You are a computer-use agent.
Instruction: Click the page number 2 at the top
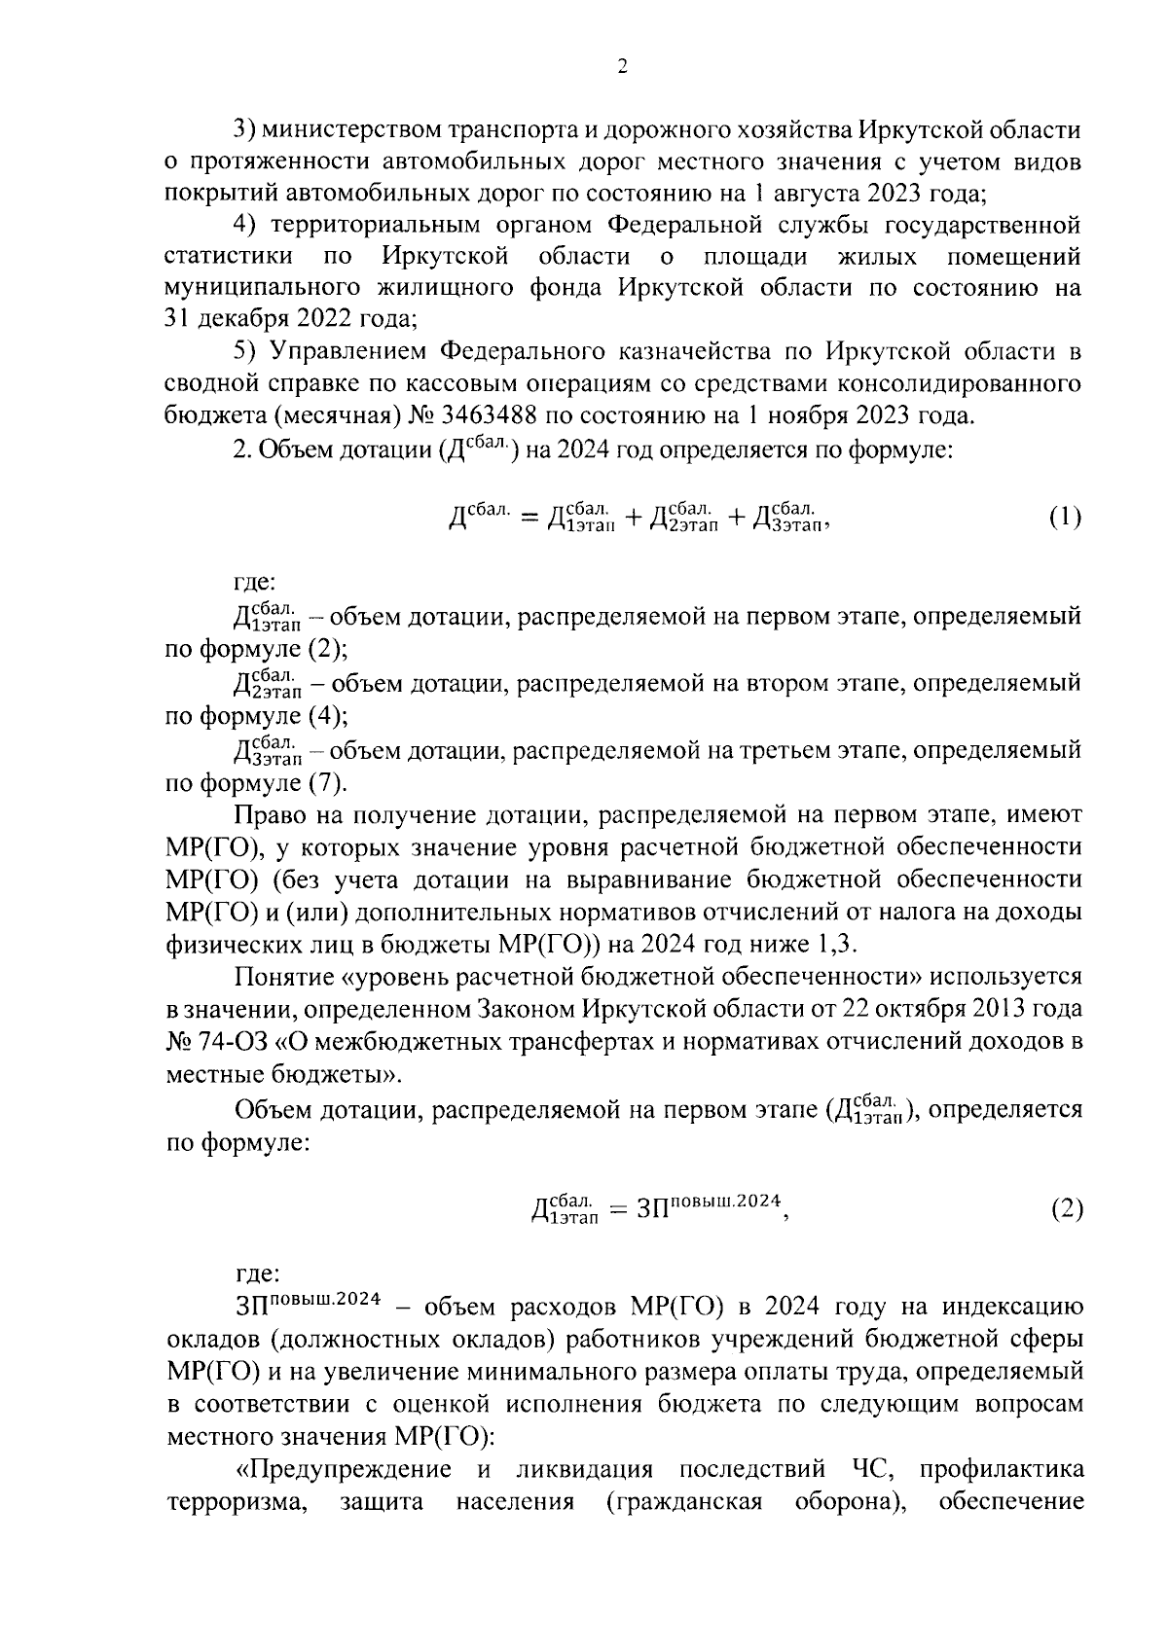[622, 67]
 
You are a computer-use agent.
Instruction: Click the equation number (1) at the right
[1065, 517]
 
